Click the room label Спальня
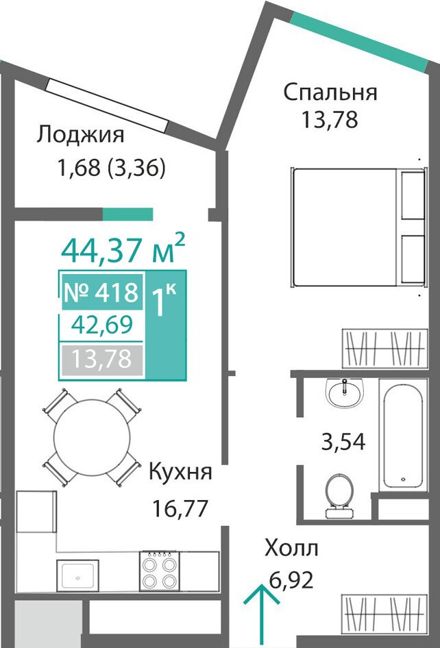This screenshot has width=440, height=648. pos(330,92)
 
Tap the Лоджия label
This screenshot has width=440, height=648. pos(80,136)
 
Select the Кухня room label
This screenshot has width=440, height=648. pos(180,471)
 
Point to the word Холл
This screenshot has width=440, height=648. pos(291,549)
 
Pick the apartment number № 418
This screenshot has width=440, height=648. pos(101,292)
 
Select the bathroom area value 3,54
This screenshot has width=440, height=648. pos(343,441)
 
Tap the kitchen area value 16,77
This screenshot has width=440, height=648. pos(179,508)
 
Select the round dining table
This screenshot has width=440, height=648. pos(92,437)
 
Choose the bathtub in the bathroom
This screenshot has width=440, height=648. pos(403,436)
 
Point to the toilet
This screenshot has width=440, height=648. pos(339,495)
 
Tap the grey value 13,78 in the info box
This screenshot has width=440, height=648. pos(101,359)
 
